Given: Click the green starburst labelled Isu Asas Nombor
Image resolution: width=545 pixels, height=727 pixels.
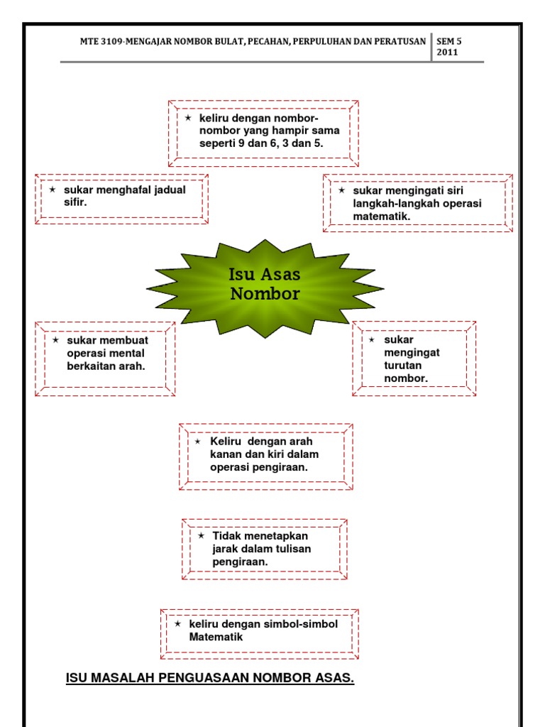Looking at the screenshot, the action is (x=265, y=288).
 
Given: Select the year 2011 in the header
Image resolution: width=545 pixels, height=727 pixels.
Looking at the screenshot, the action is (x=447, y=53).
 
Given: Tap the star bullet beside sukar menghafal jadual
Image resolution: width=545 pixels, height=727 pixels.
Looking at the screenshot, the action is (x=53, y=190).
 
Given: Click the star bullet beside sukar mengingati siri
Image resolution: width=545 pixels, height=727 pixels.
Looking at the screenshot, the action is (x=342, y=191).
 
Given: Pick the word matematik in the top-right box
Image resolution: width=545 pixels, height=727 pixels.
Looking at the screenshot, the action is (x=382, y=216).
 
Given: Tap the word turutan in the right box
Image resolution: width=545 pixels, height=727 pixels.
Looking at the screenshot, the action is (x=403, y=365).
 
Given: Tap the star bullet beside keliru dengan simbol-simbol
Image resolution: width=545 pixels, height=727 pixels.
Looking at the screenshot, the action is (x=178, y=623).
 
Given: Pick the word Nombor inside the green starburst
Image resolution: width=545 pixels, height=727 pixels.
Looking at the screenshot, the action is (x=265, y=294).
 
